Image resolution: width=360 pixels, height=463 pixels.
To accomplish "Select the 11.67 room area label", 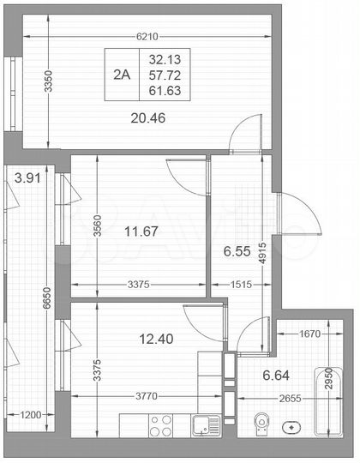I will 141,231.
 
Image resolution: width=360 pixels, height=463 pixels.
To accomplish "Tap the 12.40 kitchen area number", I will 156,339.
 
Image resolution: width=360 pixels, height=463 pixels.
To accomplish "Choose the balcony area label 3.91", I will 28,178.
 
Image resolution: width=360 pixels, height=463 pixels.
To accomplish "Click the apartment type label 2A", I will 122,75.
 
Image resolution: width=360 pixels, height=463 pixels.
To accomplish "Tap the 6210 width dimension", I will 148,37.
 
